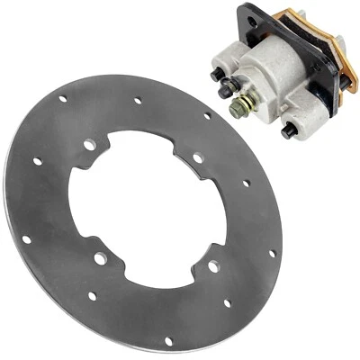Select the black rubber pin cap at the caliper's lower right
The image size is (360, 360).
(x=290, y=130)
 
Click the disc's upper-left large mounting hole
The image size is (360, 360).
(x=89, y=145)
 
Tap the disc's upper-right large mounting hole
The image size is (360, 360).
(x=198, y=157)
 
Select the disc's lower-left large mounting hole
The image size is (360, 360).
(x=100, y=258)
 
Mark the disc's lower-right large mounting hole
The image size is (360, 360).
(x=212, y=266)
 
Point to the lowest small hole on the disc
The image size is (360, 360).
(x=167, y=341)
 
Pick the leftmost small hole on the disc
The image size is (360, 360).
(x=26, y=240)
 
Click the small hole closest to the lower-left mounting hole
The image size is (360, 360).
(x=93, y=294)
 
